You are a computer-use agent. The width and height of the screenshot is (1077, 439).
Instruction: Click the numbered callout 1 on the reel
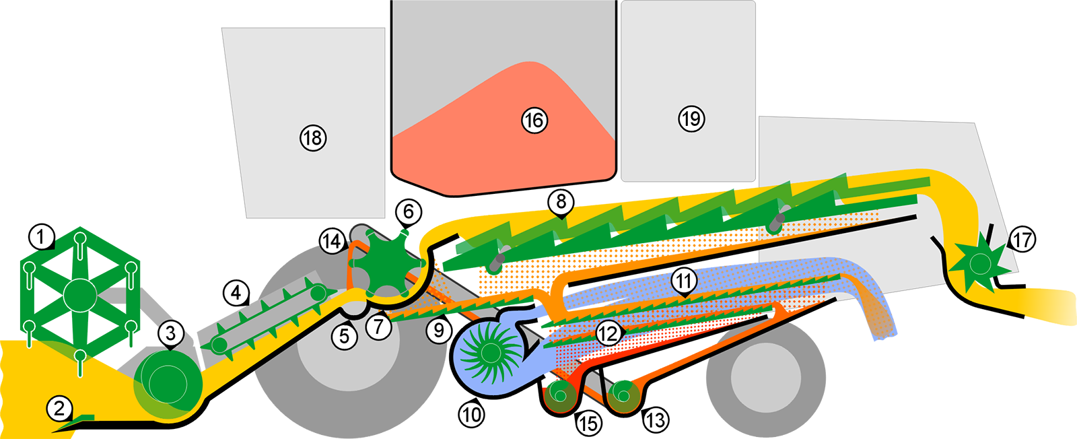[41, 237]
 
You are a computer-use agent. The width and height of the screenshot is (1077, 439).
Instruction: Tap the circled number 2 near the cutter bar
[59, 408]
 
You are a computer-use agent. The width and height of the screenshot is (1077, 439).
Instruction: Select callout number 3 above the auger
[171, 333]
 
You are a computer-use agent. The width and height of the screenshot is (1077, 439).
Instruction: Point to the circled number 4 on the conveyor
[236, 293]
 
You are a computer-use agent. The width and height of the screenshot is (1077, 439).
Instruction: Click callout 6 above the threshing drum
[409, 212]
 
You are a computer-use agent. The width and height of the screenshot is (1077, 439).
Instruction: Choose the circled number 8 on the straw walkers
[561, 201]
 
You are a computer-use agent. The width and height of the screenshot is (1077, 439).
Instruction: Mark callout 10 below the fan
[471, 415]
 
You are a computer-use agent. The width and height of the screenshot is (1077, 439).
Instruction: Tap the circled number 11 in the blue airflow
[685, 280]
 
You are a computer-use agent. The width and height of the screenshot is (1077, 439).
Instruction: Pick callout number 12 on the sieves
[608, 333]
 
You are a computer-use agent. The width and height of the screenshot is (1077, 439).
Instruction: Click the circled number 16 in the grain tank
[534, 121]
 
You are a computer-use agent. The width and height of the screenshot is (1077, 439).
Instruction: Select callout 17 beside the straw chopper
[1022, 239]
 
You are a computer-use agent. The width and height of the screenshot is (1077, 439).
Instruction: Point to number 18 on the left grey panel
[312, 138]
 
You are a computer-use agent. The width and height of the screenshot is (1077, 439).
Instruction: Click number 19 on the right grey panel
[691, 119]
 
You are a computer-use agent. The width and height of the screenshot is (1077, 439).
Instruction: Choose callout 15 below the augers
[588, 424]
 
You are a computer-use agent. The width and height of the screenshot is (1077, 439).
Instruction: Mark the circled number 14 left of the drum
[332, 241]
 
